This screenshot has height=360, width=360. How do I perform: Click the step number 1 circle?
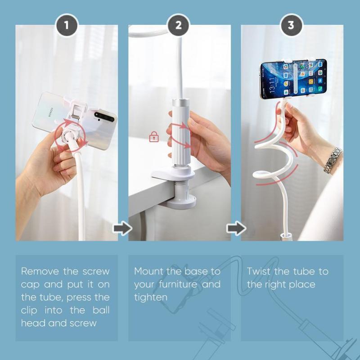pyautogui.click(x=67, y=25)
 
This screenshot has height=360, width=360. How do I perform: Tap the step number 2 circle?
pyautogui.click(x=178, y=25)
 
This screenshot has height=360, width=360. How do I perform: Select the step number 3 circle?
pyautogui.click(x=291, y=25)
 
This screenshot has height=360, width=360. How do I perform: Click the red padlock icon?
pyautogui.click(x=154, y=137)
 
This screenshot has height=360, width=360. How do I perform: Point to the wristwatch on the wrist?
pyautogui.click(x=333, y=160)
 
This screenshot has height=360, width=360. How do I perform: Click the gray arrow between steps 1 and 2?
pyautogui.click(x=122, y=228)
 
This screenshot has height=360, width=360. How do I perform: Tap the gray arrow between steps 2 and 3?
pyautogui.click(x=236, y=228)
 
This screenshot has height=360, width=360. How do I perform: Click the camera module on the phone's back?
pyautogui.click(x=104, y=117)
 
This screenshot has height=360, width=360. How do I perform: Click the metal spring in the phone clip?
pyautogui.click(x=76, y=117)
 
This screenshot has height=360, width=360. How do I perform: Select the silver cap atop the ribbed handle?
pyautogui.click(x=181, y=103)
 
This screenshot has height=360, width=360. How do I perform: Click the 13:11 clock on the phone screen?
pyautogui.click(x=272, y=85)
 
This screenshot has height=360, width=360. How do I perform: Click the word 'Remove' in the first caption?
pyautogui.click(x=40, y=271)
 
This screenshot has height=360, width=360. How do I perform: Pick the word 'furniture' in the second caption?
pyautogui.click(x=178, y=284)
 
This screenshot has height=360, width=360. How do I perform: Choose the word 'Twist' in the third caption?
pyautogui.click(x=258, y=271)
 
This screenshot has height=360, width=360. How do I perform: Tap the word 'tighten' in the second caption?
pyautogui.click(x=151, y=297)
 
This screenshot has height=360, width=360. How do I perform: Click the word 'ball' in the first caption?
pyautogui.click(x=101, y=310)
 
